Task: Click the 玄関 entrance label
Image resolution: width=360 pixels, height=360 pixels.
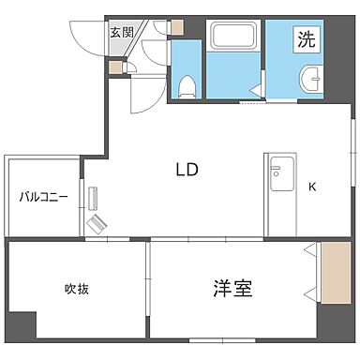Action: tap(121, 32)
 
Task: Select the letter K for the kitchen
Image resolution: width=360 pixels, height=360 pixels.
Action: tap(312, 186)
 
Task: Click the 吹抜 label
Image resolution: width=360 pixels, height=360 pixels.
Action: tap(77, 289)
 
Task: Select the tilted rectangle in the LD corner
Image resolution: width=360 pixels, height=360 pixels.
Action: tap(97, 225)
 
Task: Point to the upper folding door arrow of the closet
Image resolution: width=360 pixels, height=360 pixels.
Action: tap(309, 250)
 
